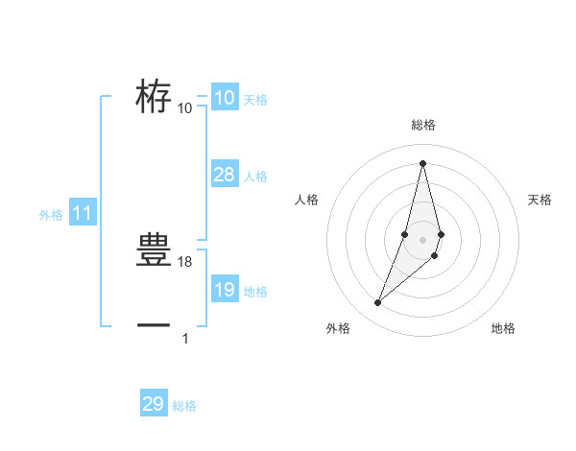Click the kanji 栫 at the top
(154, 96)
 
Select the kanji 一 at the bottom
(154, 324)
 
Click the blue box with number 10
(224, 98)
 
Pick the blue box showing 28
(224, 175)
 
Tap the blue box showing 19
(224, 290)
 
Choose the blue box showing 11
(82, 214)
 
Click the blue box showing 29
(154, 404)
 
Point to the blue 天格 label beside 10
(255, 99)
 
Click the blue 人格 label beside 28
(255, 177)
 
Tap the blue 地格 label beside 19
(255, 292)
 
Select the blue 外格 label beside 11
(51, 216)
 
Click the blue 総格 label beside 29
(184, 406)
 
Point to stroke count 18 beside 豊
(186, 262)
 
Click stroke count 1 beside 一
(185, 337)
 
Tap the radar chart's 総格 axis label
(422, 126)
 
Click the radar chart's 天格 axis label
(540, 200)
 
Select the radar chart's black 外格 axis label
(338, 329)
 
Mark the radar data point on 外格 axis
(378, 303)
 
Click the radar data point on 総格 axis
(422, 163)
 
